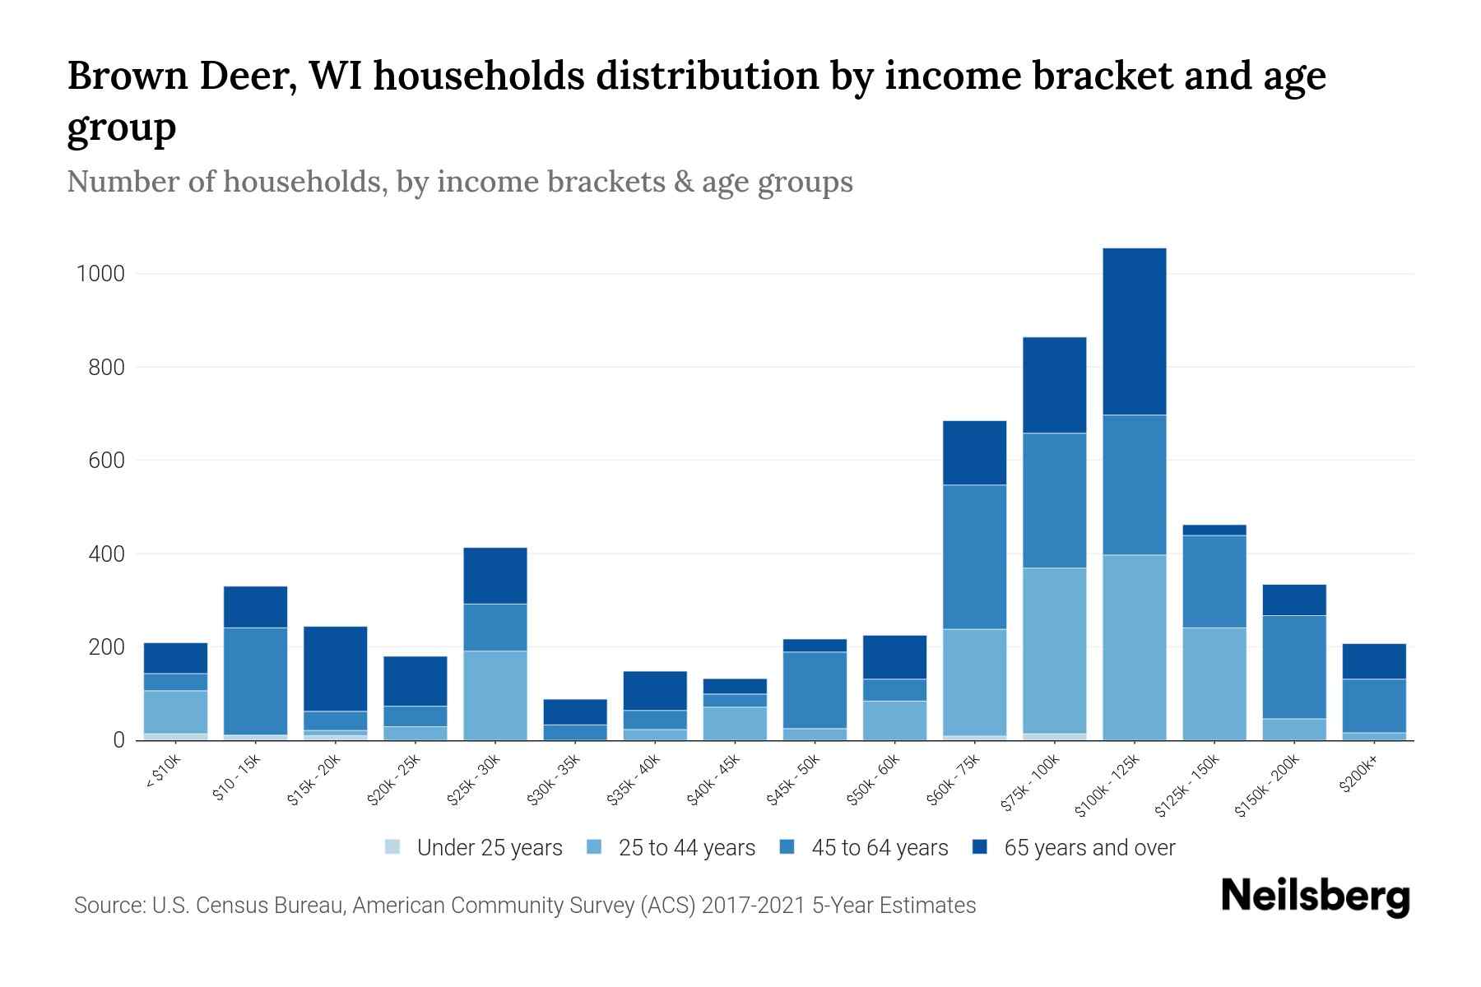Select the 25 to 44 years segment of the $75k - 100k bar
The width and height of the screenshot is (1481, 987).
(x=1054, y=650)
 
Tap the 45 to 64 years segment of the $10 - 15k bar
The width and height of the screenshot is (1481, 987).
(x=255, y=680)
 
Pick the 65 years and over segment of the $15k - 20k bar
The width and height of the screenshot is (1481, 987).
(x=335, y=668)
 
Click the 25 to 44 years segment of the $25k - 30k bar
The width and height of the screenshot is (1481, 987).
(x=494, y=695)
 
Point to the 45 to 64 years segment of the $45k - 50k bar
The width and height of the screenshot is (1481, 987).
(x=815, y=689)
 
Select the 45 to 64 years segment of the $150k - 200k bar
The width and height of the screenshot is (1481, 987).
(x=1294, y=666)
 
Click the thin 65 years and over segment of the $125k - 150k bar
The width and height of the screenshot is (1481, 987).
(x=1214, y=530)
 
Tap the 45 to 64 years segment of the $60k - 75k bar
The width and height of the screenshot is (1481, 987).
(x=974, y=557)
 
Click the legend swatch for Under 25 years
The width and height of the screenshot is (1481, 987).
(x=393, y=847)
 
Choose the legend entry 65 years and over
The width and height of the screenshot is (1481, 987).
(x=1089, y=848)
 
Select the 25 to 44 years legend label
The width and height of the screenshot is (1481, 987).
(x=686, y=848)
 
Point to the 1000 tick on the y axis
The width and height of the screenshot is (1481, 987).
(x=100, y=274)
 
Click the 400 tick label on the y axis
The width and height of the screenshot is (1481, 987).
(x=106, y=554)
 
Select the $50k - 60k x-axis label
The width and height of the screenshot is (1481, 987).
(x=875, y=779)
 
